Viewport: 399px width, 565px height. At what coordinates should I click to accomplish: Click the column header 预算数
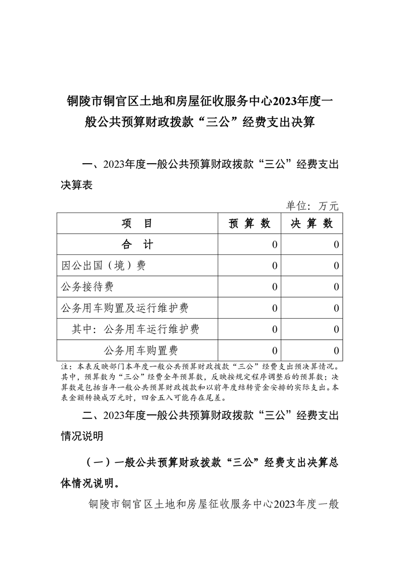pyautogui.click(x=250, y=224)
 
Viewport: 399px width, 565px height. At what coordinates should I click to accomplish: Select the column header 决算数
pyautogui.click(x=312, y=224)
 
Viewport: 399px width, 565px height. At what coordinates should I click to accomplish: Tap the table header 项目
pyautogui.click(x=137, y=224)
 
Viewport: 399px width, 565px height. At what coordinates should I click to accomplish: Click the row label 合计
pyautogui.click(x=137, y=245)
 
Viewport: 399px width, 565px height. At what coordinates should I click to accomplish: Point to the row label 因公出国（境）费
pyautogui.click(x=103, y=266)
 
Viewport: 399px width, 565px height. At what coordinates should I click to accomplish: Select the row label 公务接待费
pyautogui.click(x=87, y=287)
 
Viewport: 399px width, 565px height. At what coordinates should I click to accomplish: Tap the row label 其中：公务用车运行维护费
pyautogui.click(x=135, y=329)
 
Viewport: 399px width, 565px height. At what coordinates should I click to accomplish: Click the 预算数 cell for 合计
pyautogui.click(x=274, y=245)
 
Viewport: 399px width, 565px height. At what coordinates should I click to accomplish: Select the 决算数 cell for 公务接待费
pyautogui.click(x=336, y=287)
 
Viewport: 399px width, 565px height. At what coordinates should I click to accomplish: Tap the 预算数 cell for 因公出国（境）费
pyautogui.click(x=274, y=266)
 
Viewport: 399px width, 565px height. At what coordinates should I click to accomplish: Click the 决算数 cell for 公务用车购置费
pyautogui.click(x=336, y=350)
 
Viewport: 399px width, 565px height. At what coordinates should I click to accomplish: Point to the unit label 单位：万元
pyautogui.click(x=312, y=205)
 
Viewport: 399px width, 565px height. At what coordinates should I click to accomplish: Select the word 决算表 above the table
pyautogui.click(x=76, y=185)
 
